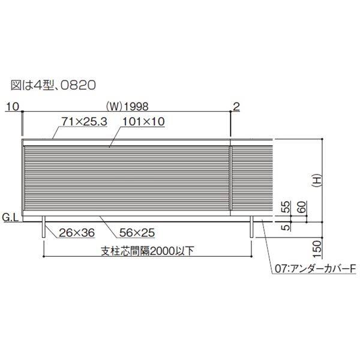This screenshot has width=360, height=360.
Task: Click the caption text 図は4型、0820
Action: [53, 84]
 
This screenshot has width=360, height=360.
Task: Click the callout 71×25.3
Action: [83, 121]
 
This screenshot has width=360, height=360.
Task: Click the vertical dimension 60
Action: [301, 208]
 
